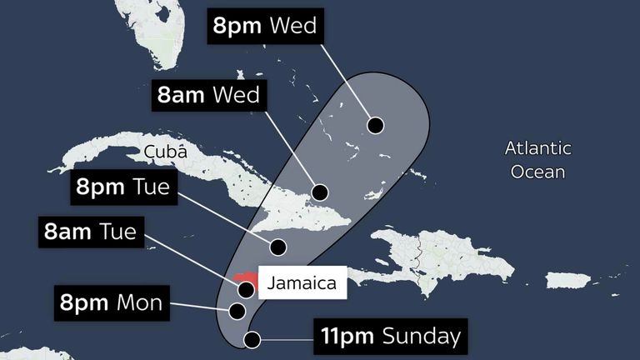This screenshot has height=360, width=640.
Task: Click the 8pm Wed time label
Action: click(x=265, y=26)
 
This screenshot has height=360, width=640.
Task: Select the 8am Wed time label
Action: click(x=208, y=93)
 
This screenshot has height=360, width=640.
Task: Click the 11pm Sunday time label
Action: click(x=389, y=336)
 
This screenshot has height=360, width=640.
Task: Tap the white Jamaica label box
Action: click(x=302, y=283)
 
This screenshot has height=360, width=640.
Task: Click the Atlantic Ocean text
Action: click(x=538, y=160)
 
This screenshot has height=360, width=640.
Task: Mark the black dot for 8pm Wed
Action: click(x=376, y=126)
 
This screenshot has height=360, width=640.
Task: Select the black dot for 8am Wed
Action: click(x=319, y=191)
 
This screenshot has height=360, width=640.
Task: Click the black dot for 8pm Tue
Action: click(x=279, y=247)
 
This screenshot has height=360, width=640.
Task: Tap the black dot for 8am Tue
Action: click(x=247, y=290)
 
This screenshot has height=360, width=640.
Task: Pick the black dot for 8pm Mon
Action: click(x=237, y=311)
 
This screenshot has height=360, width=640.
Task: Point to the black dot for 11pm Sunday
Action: click(x=252, y=339)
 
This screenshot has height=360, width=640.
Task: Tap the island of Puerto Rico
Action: click(x=568, y=280)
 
